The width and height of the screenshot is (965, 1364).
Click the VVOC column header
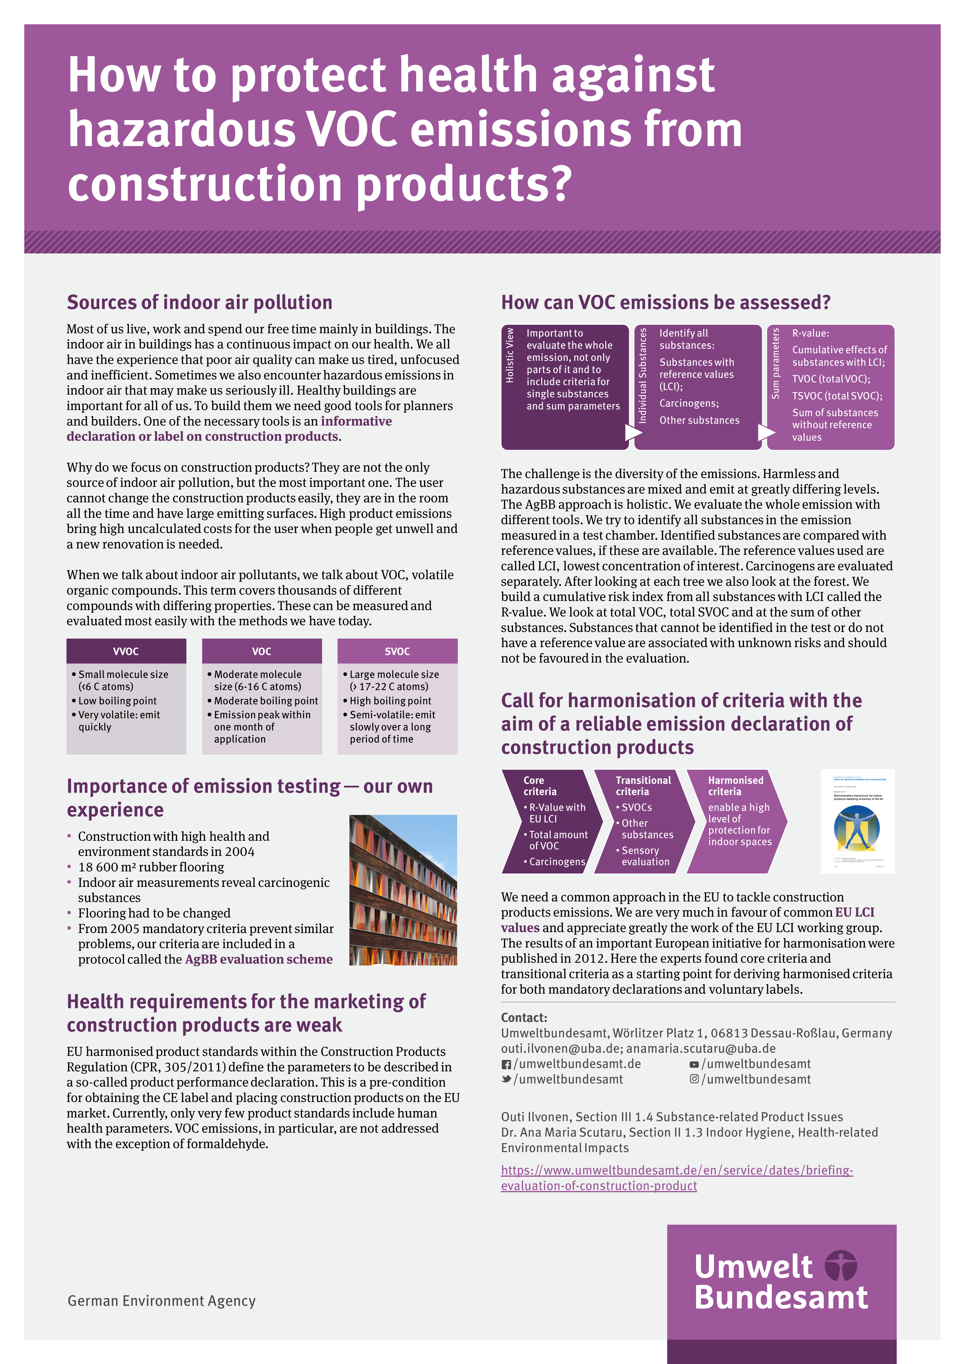(126, 651)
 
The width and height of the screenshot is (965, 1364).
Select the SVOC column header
(397, 651)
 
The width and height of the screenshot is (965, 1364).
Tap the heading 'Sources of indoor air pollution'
(200, 302)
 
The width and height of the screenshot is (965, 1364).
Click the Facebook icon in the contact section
(506, 1065)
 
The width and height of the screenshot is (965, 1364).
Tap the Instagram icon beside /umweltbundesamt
(694, 1079)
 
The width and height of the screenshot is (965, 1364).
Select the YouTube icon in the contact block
(694, 1065)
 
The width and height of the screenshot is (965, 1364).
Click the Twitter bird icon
(506, 1079)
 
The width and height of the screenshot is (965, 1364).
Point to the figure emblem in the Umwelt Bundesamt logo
(841, 1265)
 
